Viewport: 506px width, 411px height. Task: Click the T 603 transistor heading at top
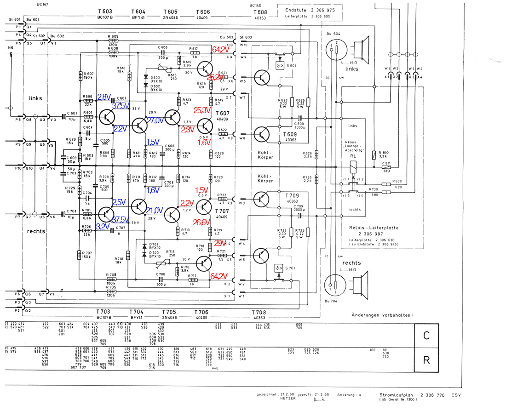tap(105, 11)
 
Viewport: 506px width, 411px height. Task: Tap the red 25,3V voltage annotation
tap(202, 110)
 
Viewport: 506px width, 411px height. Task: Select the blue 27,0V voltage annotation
tap(155, 120)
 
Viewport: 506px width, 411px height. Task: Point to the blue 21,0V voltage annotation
tap(155, 210)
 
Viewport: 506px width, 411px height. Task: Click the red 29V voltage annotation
tap(220, 242)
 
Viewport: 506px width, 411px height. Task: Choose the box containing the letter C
tap(426, 335)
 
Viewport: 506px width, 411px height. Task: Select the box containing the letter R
tap(426, 360)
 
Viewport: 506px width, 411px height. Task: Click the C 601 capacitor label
tap(72, 114)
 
